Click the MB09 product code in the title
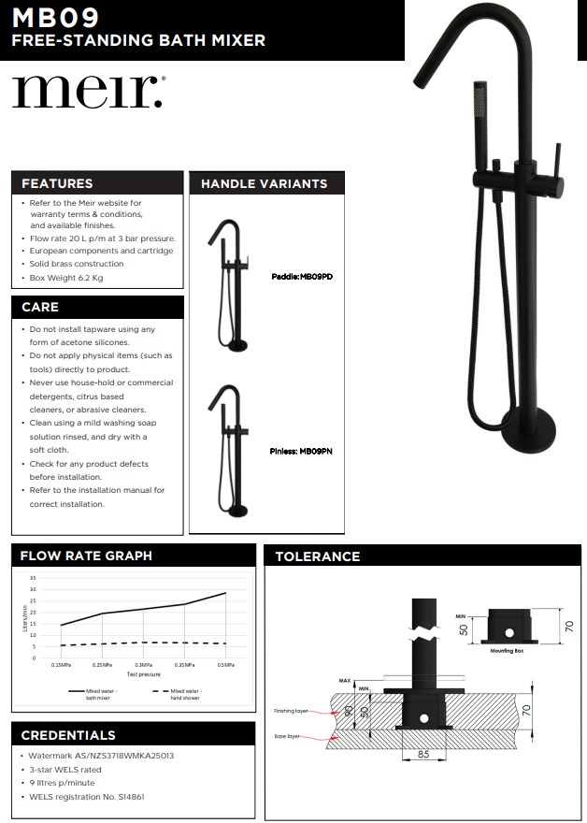(x=56, y=18)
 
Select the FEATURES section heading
(x=57, y=183)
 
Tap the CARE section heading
(x=40, y=307)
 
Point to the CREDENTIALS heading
(x=68, y=735)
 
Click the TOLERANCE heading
(x=317, y=556)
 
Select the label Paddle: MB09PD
(x=302, y=277)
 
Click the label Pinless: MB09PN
(x=301, y=451)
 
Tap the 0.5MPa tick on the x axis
(x=225, y=665)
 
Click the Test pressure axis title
(x=143, y=673)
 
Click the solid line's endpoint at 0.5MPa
(x=225, y=593)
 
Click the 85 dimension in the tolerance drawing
(x=422, y=754)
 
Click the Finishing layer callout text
(x=291, y=711)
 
